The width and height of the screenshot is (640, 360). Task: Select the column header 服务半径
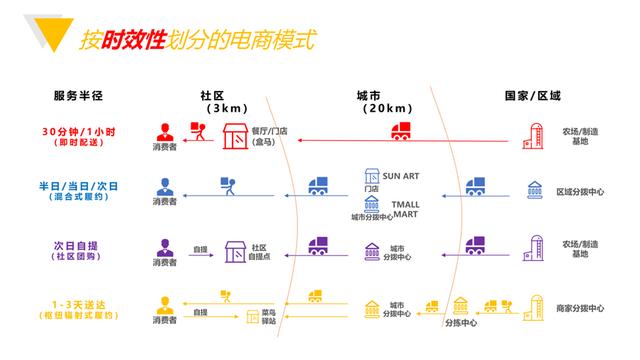[x=79, y=95]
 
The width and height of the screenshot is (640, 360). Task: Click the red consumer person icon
[x=164, y=131]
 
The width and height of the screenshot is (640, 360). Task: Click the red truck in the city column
[x=403, y=132]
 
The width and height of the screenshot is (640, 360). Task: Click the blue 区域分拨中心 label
[x=580, y=189]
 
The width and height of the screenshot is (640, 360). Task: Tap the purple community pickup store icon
[x=236, y=250]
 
